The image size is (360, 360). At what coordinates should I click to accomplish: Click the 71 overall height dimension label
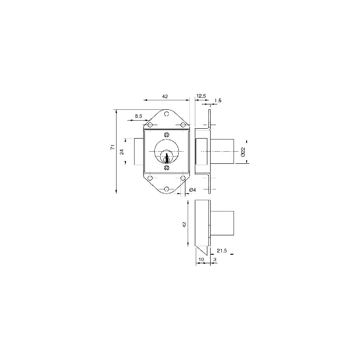[112, 147]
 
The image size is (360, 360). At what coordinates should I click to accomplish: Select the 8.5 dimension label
[139, 116]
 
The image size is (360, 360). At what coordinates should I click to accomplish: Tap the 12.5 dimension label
[201, 96]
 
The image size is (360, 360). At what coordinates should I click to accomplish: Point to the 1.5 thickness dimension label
[218, 100]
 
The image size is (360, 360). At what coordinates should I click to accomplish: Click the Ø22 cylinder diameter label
[243, 152]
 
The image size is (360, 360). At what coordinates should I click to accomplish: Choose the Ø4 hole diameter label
[193, 190]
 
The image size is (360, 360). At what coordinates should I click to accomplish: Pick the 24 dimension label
[122, 152]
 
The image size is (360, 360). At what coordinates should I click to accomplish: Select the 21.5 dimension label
[222, 251]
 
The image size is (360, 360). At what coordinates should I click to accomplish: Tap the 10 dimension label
[201, 259]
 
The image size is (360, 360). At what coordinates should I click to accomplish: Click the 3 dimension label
[215, 259]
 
